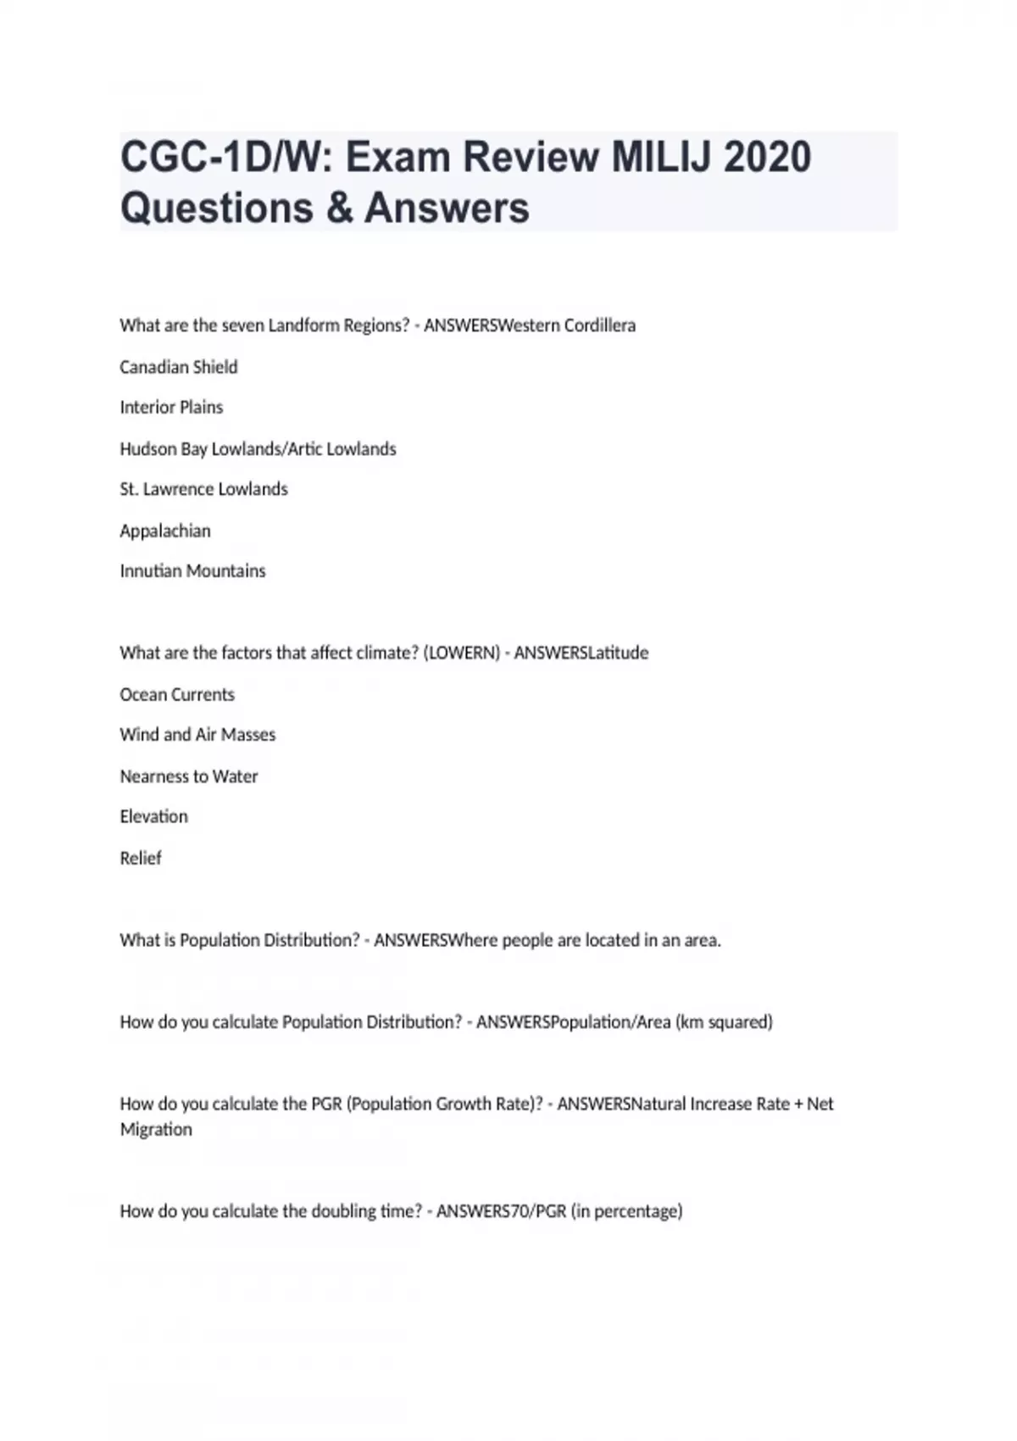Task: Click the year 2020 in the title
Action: [767, 158]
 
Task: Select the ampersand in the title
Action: [338, 209]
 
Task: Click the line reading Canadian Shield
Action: [179, 367]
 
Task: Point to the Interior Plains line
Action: [171, 408]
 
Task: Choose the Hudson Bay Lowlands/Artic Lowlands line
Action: [258, 448]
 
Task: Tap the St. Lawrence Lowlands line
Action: [203, 489]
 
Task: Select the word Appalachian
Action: [165, 531]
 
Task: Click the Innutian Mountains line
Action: [192, 571]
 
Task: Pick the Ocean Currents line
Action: [177, 694]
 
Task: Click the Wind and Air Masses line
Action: [197, 735]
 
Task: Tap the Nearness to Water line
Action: [188, 776]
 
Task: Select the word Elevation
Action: [153, 816]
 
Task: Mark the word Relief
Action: [141, 858]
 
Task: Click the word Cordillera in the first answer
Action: [600, 325]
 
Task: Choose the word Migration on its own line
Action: [156, 1129]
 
